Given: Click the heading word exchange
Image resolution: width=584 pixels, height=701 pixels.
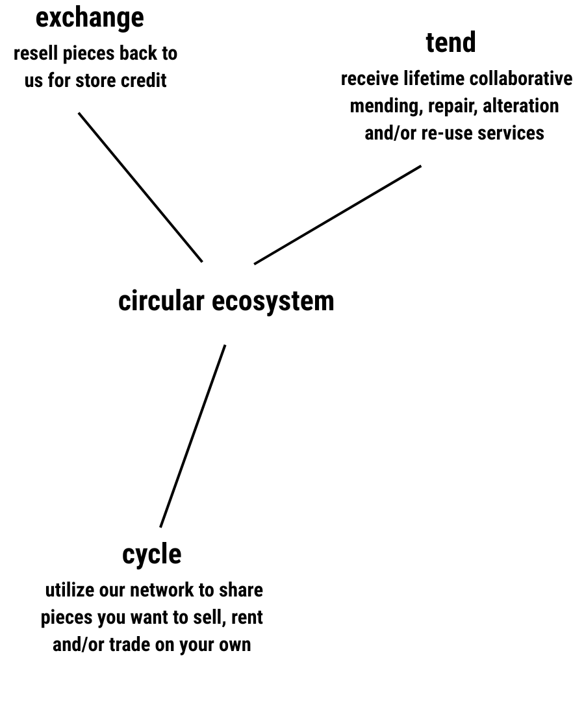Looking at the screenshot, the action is [x=90, y=19].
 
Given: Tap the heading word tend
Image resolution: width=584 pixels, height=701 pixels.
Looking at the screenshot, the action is [x=451, y=42].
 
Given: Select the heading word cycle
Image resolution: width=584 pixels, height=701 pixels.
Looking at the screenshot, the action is [x=152, y=555].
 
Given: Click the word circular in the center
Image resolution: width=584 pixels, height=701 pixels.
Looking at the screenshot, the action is [x=161, y=301].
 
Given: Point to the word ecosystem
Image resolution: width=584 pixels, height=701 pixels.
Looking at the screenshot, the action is [x=273, y=302].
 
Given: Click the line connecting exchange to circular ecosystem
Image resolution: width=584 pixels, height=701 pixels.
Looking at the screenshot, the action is [x=140, y=188].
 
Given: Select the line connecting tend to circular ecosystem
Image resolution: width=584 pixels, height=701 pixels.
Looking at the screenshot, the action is [x=337, y=215].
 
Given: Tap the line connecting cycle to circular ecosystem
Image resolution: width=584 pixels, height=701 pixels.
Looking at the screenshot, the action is [x=192, y=436].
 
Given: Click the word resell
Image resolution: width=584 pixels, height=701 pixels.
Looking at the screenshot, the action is [x=36, y=54].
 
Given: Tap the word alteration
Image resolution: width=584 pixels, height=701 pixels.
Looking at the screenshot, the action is [x=521, y=106].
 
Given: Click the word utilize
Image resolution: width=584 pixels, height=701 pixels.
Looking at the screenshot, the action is [x=70, y=590].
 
